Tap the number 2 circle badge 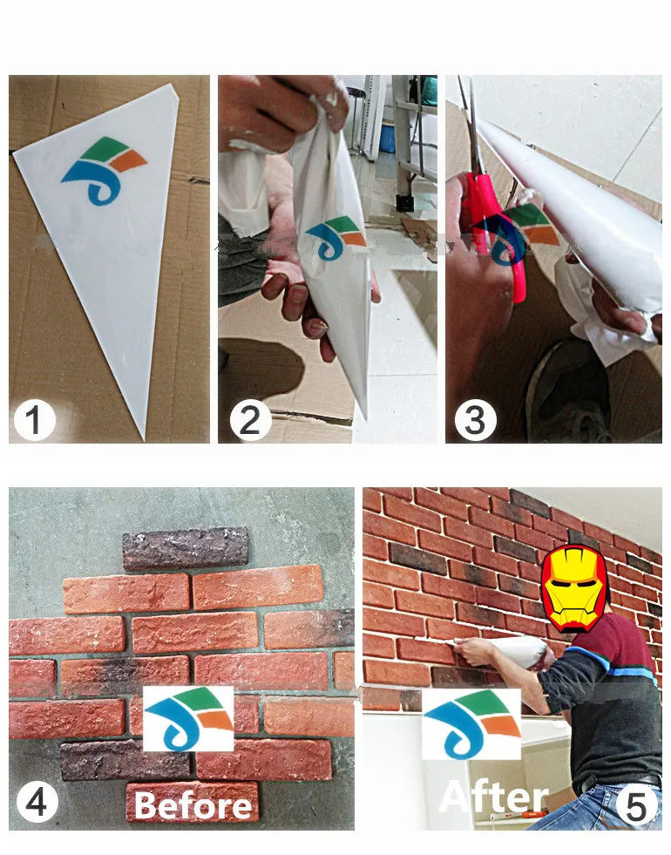(x=250, y=421)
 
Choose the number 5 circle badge (x=637, y=806)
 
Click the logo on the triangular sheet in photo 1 (x=103, y=169)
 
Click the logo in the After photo (x=471, y=723)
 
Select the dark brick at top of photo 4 (x=185, y=548)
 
